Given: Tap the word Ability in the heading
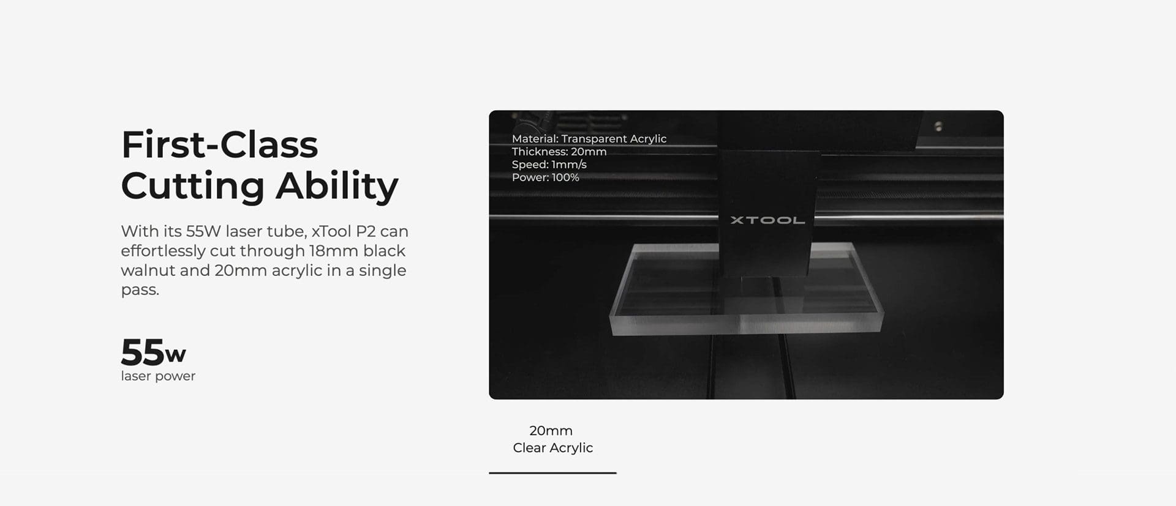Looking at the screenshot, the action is coord(337,185).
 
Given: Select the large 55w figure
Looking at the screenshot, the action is coord(153,352).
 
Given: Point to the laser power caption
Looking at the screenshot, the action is coord(158,376).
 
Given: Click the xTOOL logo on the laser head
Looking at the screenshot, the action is coord(767,220).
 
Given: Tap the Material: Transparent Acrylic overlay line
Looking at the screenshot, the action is coord(589,139).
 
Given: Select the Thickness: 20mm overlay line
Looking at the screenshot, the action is coord(559,152).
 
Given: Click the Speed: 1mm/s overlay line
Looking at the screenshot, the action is coord(549,165).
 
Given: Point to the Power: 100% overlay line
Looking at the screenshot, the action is coord(546,177).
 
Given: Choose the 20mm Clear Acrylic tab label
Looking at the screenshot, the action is coord(552,439).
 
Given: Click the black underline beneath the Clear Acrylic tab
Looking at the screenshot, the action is coord(552,473).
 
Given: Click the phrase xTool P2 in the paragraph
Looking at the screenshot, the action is coord(343,231).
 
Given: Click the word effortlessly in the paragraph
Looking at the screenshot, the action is coord(162,251).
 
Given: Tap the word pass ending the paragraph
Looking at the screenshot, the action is coord(140,291).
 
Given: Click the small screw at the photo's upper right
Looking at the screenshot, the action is coord(938,127).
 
